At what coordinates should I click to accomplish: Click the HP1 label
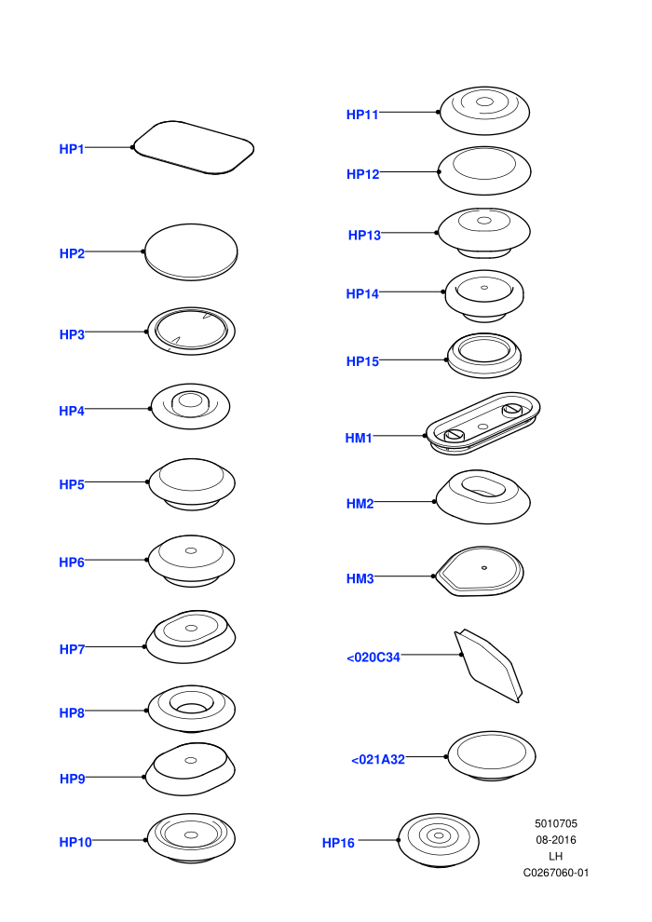pyautogui.click(x=72, y=149)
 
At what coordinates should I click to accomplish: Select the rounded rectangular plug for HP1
pyautogui.click(x=194, y=147)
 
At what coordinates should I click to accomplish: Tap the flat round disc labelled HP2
pyautogui.click(x=191, y=251)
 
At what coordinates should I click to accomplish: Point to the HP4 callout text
pyautogui.click(x=72, y=411)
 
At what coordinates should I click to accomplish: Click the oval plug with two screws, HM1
pyautogui.click(x=482, y=424)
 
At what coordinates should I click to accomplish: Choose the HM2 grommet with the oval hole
pyautogui.click(x=482, y=497)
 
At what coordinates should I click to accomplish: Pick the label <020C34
pyautogui.click(x=374, y=658)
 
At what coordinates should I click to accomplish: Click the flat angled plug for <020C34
pyautogui.click(x=488, y=666)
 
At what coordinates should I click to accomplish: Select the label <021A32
pyautogui.click(x=378, y=760)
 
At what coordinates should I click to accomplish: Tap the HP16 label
pyautogui.click(x=338, y=843)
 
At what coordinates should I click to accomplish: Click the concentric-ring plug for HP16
pyautogui.click(x=439, y=840)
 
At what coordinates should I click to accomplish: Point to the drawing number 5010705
pyautogui.click(x=555, y=824)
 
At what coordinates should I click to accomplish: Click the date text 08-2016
pyautogui.click(x=555, y=840)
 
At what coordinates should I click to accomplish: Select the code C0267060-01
pyautogui.click(x=555, y=873)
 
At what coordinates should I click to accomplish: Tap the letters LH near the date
pyautogui.click(x=555, y=856)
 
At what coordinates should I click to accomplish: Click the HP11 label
pyautogui.click(x=362, y=115)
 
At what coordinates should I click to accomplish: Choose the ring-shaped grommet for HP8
pyautogui.click(x=192, y=709)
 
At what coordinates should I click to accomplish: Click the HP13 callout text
pyautogui.click(x=364, y=236)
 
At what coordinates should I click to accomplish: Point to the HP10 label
pyautogui.click(x=75, y=842)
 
